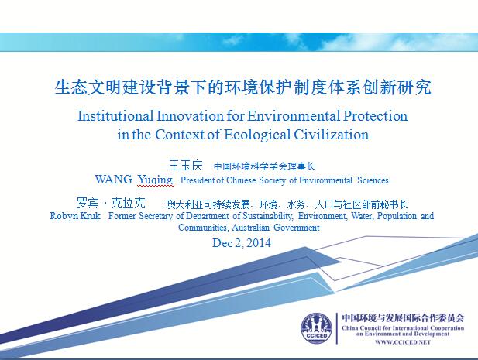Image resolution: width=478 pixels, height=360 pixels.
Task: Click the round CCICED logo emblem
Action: pyautogui.click(x=316, y=328)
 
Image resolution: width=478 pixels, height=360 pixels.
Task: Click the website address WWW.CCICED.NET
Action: pyautogui.click(x=403, y=342)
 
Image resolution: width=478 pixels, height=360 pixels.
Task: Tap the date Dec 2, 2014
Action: pyautogui.click(x=242, y=243)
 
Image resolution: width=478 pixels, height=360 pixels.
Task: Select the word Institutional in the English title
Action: pyautogui.click(x=115, y=116)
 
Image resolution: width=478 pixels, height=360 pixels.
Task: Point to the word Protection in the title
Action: pyautogui.click(x=375, y=116)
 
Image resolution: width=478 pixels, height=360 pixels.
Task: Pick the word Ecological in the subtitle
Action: pyautogui.click(x=257, y=135)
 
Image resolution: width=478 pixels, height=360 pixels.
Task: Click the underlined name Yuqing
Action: pyautogui.click(x=156, y=180)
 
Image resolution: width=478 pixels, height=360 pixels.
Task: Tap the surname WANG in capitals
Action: pyautogui.click(x=113, y=180)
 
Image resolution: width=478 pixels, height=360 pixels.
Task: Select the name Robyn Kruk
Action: pyautogui.click(x=75, y=216)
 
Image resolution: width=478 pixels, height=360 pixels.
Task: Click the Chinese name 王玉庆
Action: pyautogui.click(x=185, y=166)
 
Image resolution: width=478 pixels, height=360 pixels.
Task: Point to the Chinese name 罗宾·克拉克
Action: pyautogui.click(x=111, y=203)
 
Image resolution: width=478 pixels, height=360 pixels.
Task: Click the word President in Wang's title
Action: pyautogui.click(x=198, y=180)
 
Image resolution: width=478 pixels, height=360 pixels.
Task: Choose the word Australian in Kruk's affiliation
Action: pyautogui.click(x=250, y=228)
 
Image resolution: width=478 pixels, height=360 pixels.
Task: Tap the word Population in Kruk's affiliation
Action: pyautogui.click(x=397, y=216)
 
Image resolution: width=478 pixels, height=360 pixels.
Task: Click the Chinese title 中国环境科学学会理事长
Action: pyautogui.click(x=264, y=166)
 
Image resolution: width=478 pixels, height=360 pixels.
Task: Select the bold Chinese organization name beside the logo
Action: pyautogui.click(x=403, y=318)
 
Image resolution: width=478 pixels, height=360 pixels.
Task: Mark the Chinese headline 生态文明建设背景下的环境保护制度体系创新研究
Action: pyautogui.click(x=243, y=87)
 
